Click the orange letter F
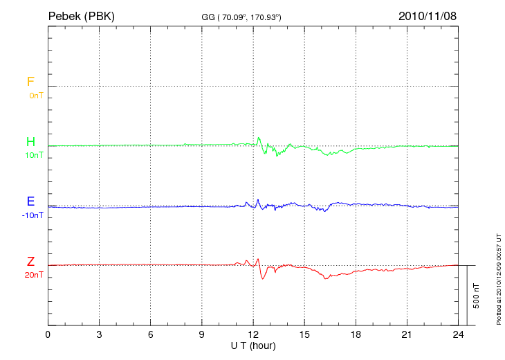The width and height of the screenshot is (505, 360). [30, 82]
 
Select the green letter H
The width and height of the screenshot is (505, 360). [30, 142]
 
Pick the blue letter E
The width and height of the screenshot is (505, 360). [30, 202]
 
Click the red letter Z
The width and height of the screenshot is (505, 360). [30, 262]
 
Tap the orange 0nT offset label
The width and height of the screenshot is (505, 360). [35, 95]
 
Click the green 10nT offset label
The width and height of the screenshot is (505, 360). [34, 155]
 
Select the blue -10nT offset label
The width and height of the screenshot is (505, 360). [33, 215]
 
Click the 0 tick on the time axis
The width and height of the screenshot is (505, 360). [48, 334]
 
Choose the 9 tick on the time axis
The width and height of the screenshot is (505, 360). [202, 334]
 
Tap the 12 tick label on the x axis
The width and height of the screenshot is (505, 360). [253, 334]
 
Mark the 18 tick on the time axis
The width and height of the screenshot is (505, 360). [356, 334]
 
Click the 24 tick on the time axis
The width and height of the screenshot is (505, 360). [458, 334]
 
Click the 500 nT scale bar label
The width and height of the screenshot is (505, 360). [476, 296]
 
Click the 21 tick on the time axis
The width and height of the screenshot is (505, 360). [407, 334]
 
